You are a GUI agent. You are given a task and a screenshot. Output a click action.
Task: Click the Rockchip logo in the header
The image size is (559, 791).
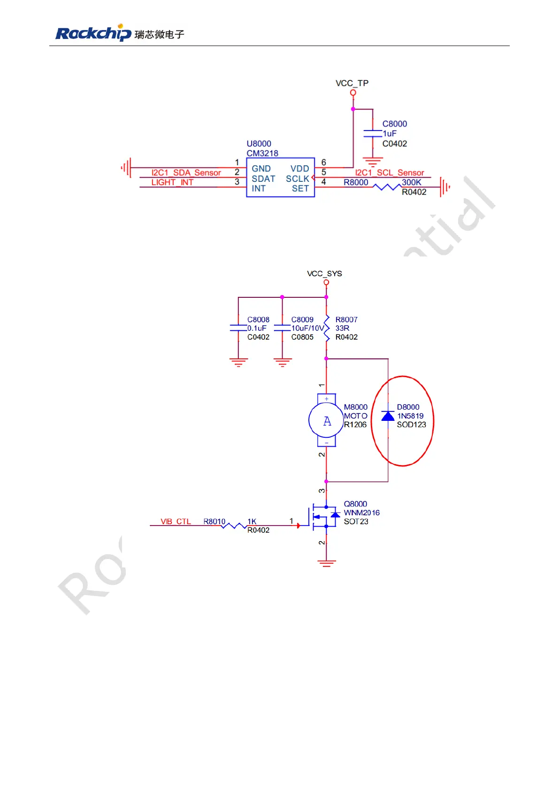pos(93,33)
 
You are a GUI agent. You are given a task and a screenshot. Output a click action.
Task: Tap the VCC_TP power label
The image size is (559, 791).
pos(352,83)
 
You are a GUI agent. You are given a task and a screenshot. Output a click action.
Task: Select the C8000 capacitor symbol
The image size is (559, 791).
pos(373,133)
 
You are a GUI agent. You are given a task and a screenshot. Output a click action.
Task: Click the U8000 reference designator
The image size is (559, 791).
pos(259,144)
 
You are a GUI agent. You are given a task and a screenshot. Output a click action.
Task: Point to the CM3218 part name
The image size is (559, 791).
pos(262,153)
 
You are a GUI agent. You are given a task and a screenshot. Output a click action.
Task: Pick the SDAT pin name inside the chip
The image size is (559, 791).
pos(263,178)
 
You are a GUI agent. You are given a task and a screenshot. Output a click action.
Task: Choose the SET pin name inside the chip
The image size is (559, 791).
pos(300,188)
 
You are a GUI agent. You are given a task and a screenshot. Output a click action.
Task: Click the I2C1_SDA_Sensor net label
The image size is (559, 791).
pos(186,173)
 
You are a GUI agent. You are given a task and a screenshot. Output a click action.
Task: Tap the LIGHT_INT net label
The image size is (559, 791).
pos(172,182)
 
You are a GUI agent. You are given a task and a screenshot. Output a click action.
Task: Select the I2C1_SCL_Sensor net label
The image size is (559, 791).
pos(389,173)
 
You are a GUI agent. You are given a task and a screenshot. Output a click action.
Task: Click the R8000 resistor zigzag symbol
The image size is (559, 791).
pos(386,187)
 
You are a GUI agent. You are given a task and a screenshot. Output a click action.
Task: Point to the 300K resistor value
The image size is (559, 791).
pos(411,182)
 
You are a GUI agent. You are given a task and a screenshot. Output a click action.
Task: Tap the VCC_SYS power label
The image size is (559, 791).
pos(324,273)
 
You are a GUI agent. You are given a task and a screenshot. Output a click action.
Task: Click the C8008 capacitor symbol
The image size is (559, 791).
pos(238,328)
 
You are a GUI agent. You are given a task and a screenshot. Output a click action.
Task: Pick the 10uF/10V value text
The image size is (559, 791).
pos(307,328)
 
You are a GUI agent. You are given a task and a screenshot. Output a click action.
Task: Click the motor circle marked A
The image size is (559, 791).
pos(326,420)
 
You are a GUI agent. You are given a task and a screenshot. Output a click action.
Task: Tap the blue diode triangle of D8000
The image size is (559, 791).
pos(388,416)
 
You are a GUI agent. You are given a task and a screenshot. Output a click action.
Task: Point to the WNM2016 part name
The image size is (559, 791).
pos(361,512)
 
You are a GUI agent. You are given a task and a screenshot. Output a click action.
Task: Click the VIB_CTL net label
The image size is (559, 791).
pos(176,521)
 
